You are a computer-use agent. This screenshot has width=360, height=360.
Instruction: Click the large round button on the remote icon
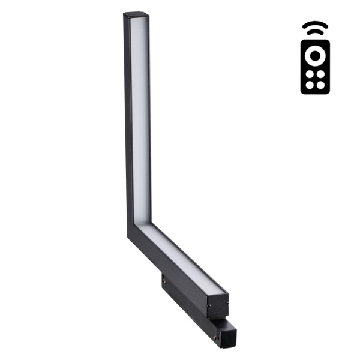pyautogui.click(x=315, y=56)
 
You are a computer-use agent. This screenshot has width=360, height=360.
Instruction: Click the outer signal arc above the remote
pyautogui.click(x=315, y=25)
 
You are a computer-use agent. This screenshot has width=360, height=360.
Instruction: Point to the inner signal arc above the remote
pyautogui.click(x=315, y=33)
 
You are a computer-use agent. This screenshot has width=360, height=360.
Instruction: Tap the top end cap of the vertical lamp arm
pyautogui.click(x=137, y=15)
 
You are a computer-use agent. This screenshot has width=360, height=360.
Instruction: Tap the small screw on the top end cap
pyautogui.click(x=129, y=16)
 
